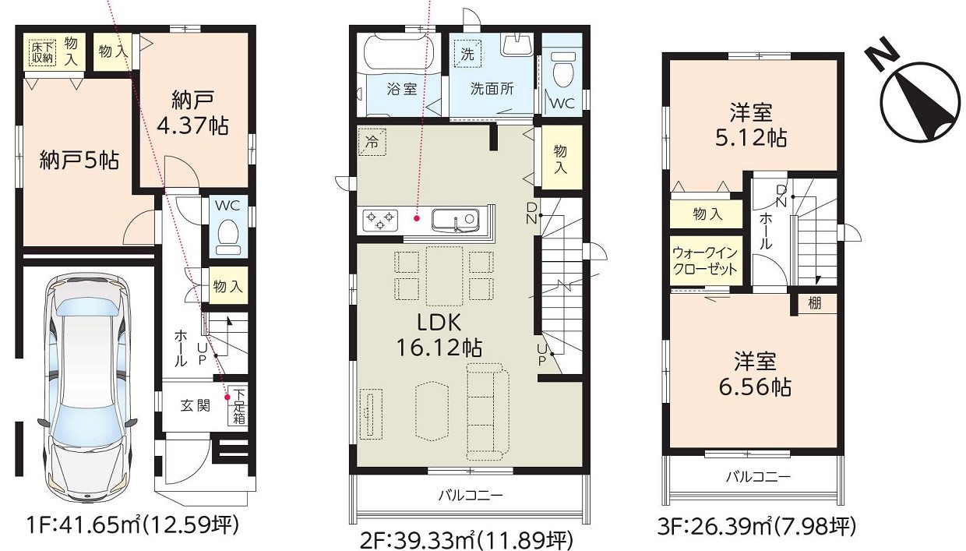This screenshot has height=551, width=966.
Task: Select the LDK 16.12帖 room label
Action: click(439, 334)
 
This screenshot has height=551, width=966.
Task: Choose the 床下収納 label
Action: click(41, 51)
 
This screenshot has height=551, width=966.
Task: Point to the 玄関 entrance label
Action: click(196, 406)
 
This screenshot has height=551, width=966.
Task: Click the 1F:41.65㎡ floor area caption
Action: click(128, 525)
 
